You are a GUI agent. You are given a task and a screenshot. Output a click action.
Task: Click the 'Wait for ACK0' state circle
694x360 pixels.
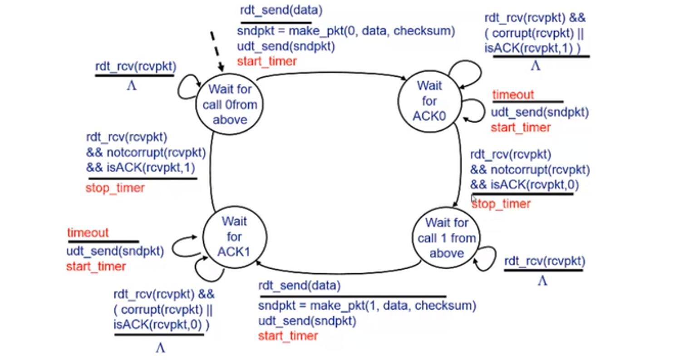coord(429,101)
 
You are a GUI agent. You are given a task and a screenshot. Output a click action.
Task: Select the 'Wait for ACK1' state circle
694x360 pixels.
coord(234,236)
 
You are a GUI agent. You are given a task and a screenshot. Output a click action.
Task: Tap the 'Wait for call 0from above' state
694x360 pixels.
coord(230,104)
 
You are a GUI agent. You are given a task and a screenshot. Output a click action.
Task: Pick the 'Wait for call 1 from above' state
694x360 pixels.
coord(447,237)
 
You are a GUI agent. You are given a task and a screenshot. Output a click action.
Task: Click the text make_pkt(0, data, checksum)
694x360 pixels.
coord(371,31)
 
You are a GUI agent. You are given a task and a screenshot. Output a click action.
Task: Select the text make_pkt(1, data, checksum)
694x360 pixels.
coord(393,305)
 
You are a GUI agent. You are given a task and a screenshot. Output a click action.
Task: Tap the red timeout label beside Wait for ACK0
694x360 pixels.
coord(513,95)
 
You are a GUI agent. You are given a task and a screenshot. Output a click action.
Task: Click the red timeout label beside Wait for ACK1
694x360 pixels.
coord(88,233)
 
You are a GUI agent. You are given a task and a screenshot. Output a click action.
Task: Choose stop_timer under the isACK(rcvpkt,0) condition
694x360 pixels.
coord(501,204)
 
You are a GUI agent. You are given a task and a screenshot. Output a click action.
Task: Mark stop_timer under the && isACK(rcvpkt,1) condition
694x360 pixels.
coord(115,188)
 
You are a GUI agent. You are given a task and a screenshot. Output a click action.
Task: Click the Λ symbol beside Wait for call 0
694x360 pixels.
coord(132,86)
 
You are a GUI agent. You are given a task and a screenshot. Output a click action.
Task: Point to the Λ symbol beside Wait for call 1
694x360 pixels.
coord(542,281)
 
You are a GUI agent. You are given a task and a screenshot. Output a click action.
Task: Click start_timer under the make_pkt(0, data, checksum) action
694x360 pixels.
coord(267,61)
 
